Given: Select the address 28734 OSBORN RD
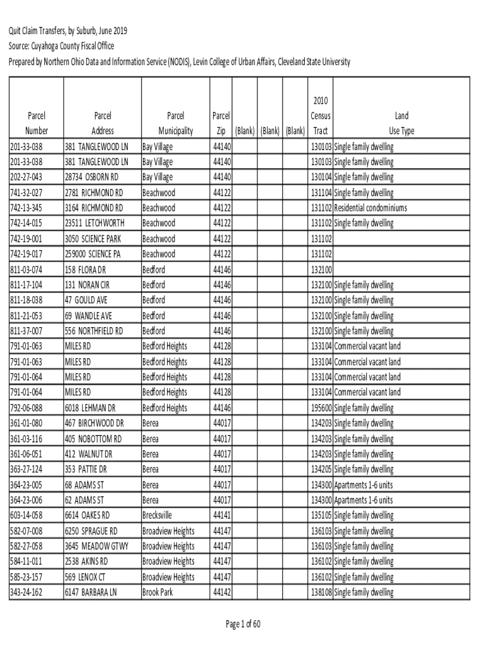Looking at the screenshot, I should [x=92, y=177].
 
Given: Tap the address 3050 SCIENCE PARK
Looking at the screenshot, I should [x=92, y=239].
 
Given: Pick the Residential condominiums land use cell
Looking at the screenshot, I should [x=371, y=208].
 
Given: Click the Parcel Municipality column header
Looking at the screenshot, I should [x=175, y=123].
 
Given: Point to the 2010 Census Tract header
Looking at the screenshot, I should [x=320, y=116].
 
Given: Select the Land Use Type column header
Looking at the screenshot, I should [x=402, y=123].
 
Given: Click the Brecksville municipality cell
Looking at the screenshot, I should [x=157, y=516].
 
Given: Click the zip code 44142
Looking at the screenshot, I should [x=222, y=592].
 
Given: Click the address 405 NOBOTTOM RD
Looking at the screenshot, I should [x=93, y=439].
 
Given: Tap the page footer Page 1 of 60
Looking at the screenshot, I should [x=244, y=625].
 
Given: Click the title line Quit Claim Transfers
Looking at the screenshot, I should [x=68, y=32].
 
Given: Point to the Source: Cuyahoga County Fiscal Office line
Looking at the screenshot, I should [x=61, y=46].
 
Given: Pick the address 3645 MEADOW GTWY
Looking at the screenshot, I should [x=97, y=546].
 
